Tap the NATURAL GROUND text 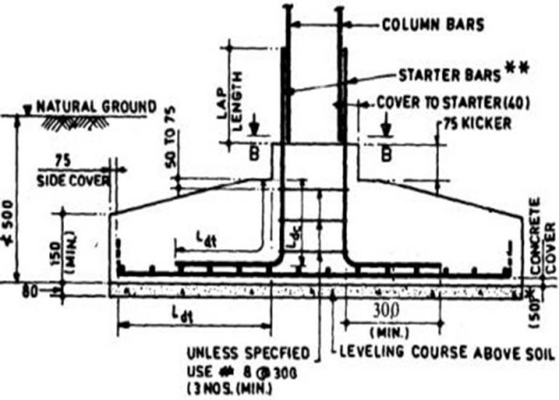pos(96,107)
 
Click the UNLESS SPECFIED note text pos(247,354)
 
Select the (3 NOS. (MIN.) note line pos(229,388)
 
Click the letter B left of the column pos(252,153)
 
